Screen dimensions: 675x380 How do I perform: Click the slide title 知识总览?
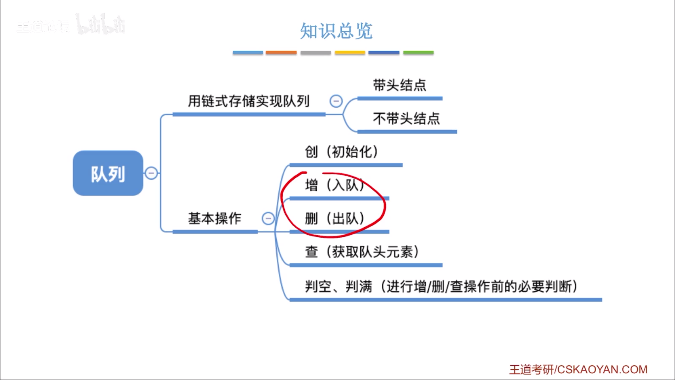[336, 31]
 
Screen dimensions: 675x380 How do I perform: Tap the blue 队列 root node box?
[108, 173]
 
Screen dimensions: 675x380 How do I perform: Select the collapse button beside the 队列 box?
[152, 173]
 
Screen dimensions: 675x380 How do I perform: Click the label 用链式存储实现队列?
[249, 101]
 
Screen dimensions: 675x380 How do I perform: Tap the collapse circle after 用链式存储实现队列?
[336, 101]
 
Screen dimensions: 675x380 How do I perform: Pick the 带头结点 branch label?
[399, 85]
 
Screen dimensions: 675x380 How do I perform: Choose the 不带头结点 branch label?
[406, 119]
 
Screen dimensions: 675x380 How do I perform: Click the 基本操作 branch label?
[214, 218]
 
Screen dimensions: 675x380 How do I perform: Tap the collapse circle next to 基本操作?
[268, 218]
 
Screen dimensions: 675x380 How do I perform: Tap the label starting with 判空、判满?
[441, 286]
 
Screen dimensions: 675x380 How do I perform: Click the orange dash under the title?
[281, 52]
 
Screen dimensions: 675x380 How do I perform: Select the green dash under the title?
[418, 52]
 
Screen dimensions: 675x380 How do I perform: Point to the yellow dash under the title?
[350, 52]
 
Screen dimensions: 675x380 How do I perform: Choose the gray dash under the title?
[315, 52]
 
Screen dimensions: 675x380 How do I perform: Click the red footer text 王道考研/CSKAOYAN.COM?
[578, 369]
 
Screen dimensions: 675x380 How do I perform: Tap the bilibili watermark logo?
[101, 25]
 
